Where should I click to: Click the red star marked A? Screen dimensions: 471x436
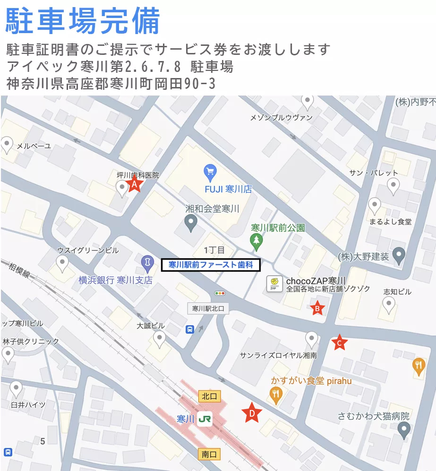tap(134, 184)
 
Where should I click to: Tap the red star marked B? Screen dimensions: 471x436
tap(317, 309)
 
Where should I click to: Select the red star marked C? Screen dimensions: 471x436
tap(339, 342)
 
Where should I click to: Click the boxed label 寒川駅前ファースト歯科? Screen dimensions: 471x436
tap(211, 265)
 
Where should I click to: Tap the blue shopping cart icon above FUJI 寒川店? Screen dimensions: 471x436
tap(210, 172)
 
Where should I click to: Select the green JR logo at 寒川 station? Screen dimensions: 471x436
tap(205, 419)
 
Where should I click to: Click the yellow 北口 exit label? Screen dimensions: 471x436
tap(209, 396)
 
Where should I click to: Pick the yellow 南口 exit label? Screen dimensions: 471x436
tap(209, 454)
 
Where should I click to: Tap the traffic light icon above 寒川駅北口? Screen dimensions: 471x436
tap(220, 293)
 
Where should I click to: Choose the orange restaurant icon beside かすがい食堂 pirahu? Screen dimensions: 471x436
tap(276, 393)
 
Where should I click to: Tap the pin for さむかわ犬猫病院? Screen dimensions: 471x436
tap(403, 429)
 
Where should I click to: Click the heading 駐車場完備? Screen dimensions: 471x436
tap(83, 21)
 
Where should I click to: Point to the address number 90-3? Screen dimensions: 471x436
tap(199, 84)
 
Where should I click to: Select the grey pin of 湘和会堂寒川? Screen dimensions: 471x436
tap(191, 222)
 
